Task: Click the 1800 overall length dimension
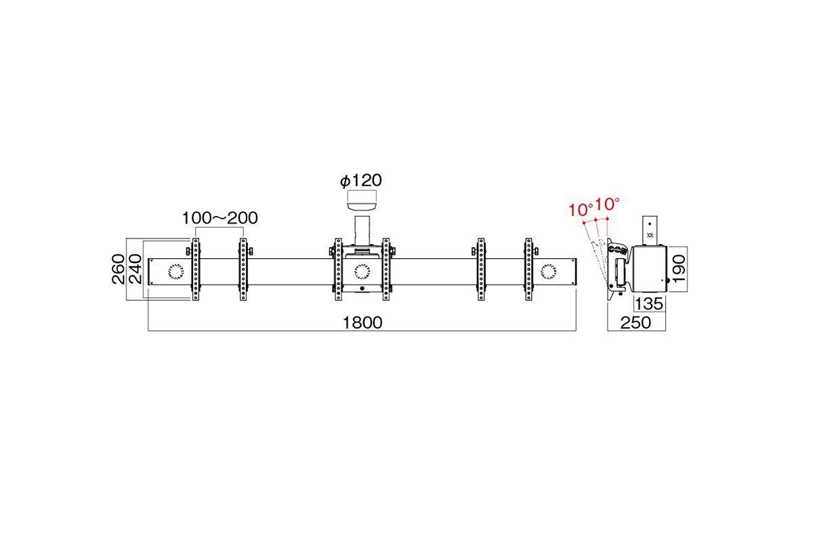[362, 322]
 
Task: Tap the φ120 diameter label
[360, 181]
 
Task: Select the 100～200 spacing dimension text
[220, 218]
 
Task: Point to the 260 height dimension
[119, 269]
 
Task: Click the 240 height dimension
[135, 269]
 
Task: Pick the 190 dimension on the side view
[679, 268]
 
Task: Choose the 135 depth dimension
[649, 304]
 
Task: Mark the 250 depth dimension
[635, 322]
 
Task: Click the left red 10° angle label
[581, 209]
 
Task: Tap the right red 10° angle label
[607, 204]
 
